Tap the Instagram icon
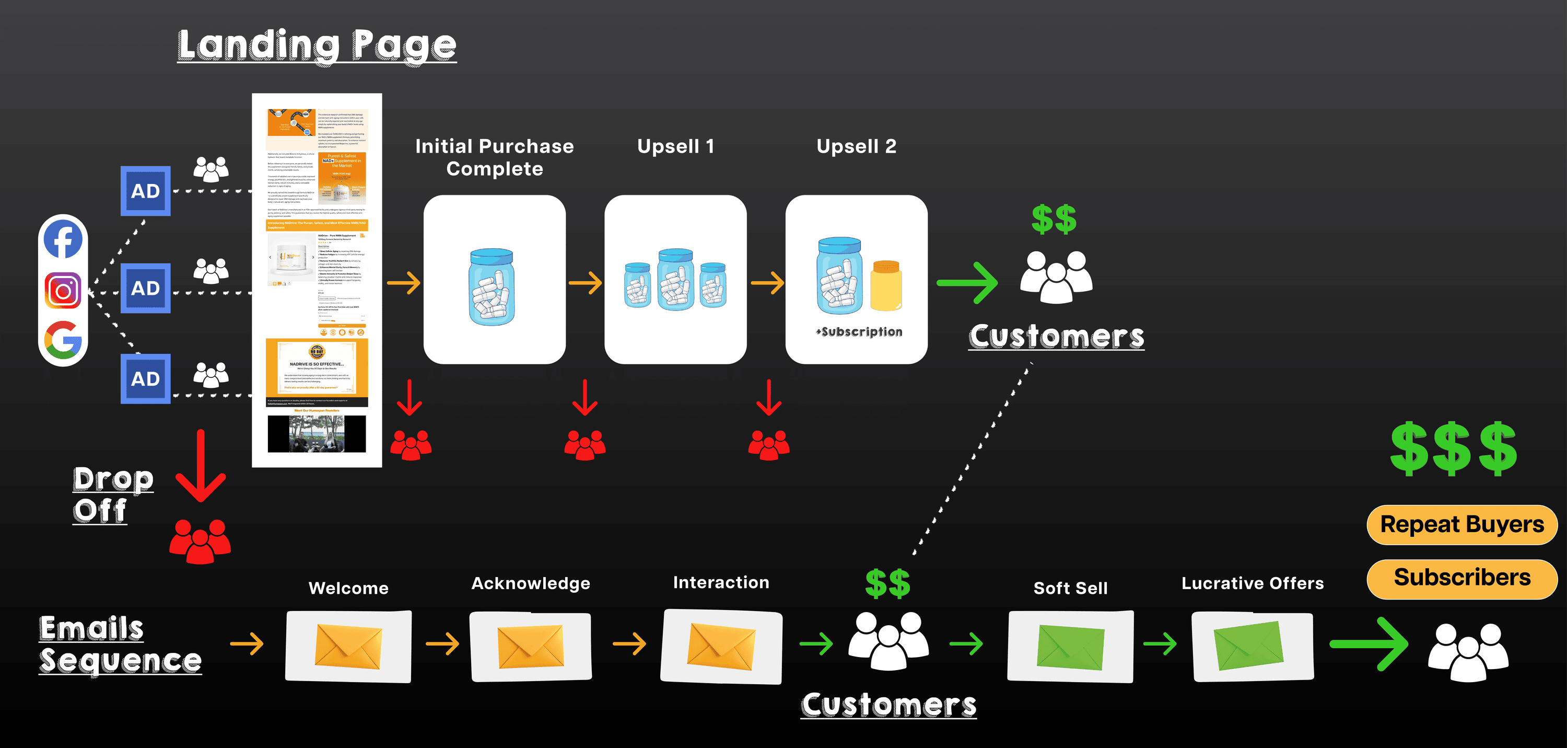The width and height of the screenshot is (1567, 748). (x=63, y=290)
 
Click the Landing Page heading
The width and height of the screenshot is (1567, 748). (x=317, y=45)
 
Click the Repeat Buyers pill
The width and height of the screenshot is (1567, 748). (x=1462, y=525)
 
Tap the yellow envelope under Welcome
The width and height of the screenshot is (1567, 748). (x=348, y=647)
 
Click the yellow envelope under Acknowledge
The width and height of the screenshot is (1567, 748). (x=531, y=647)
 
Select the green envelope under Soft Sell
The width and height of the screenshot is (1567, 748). (x=1071, y=647)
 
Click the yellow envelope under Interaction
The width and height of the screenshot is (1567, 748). (x=721, y=647)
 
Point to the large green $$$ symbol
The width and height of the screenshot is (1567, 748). (x=1454, y=449)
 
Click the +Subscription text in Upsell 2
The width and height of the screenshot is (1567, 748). (x=859, y=332)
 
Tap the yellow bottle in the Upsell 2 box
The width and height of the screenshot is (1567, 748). (x=886, y=286)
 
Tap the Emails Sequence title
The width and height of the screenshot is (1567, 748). (x=120, y=645)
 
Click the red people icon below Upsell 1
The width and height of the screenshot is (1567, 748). (x=585, y=445)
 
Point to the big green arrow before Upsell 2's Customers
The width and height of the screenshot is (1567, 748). (x=968, y=282)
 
